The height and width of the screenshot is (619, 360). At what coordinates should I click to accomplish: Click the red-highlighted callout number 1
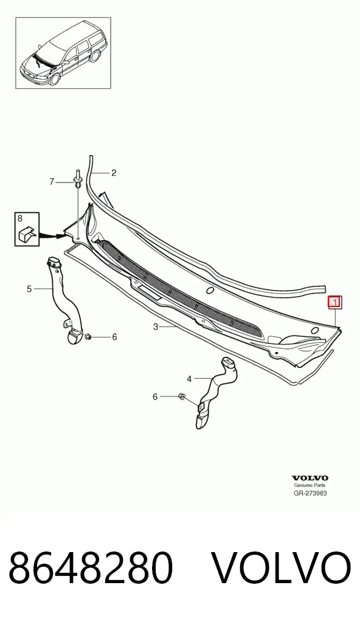coord(334,302)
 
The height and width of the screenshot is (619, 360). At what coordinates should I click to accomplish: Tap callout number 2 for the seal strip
coord(114,173)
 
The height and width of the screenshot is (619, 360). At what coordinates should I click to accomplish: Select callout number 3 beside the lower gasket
coord(156,327)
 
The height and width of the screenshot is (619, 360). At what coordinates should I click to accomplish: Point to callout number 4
coord(190,379)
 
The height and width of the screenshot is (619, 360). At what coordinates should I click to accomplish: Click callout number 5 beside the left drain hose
coord(29,289)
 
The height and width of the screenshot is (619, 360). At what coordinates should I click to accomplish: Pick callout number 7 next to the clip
coord(52,182)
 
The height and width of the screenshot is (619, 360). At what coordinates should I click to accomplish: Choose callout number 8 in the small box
coord(20,218)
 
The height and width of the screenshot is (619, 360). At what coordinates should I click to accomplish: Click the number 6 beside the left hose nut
coord(114,337)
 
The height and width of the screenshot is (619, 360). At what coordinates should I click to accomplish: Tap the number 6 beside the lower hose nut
coord(155,396)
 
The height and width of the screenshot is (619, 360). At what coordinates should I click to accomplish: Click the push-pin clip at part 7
coord(77,179)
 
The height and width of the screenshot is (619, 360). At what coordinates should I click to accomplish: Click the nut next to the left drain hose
coord(88,337)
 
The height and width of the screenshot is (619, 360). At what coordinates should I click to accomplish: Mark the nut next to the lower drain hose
coord(182,396)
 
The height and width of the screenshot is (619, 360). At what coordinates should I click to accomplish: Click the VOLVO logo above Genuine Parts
coord(310,479)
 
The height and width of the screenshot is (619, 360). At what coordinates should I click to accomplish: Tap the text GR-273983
coord(310,493)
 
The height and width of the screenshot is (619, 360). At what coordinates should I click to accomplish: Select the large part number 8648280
coord(91,569)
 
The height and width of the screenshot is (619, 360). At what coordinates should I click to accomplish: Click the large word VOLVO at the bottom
coord(282,569)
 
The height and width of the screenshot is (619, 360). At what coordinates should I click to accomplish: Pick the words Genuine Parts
coord(310,486)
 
